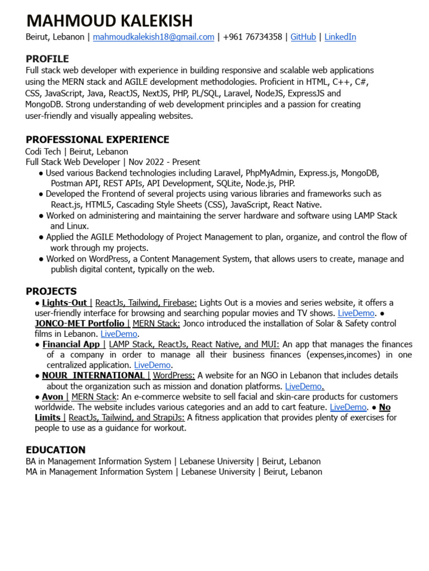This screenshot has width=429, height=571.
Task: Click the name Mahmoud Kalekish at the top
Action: [x=109, y=21]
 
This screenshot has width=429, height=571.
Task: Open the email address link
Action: [x=154, y=37]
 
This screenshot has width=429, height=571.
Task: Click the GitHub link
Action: [x=303, y=37]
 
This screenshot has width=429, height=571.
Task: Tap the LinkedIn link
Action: [x=340, y=37]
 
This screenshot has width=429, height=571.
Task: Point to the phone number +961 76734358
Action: [x=252, y=37]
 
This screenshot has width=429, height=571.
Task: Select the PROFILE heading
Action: [x=47, y=59]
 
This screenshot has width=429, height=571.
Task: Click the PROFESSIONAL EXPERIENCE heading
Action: [x=97, y=140]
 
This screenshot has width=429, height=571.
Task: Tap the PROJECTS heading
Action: [x=51, y=291]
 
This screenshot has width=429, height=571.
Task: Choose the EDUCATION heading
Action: [x=56, y=450]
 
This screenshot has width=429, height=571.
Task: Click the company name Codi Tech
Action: [x=44, y=152]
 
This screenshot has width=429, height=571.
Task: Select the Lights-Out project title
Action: [x=65, y=303]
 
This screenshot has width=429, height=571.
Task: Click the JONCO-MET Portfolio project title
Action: [x=80, y=323]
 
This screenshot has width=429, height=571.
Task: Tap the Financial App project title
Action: [x=71, y=345]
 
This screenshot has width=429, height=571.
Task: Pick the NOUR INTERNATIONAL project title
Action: [x=93, y=376]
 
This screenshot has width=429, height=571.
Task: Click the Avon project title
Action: [x=53, y=397]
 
